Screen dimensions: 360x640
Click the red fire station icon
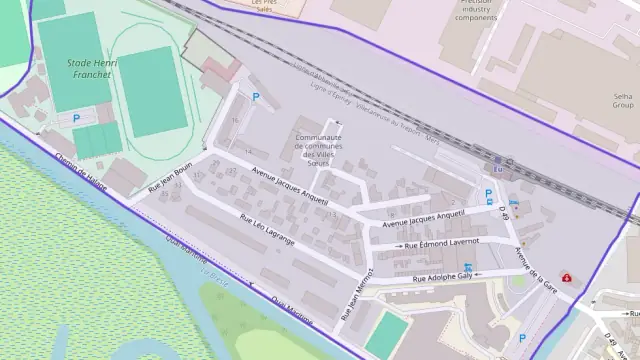(x=567, y=277)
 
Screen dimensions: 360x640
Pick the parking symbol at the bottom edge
(x=522, y=339)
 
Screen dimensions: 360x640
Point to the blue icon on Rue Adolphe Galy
(x=468, y=268)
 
